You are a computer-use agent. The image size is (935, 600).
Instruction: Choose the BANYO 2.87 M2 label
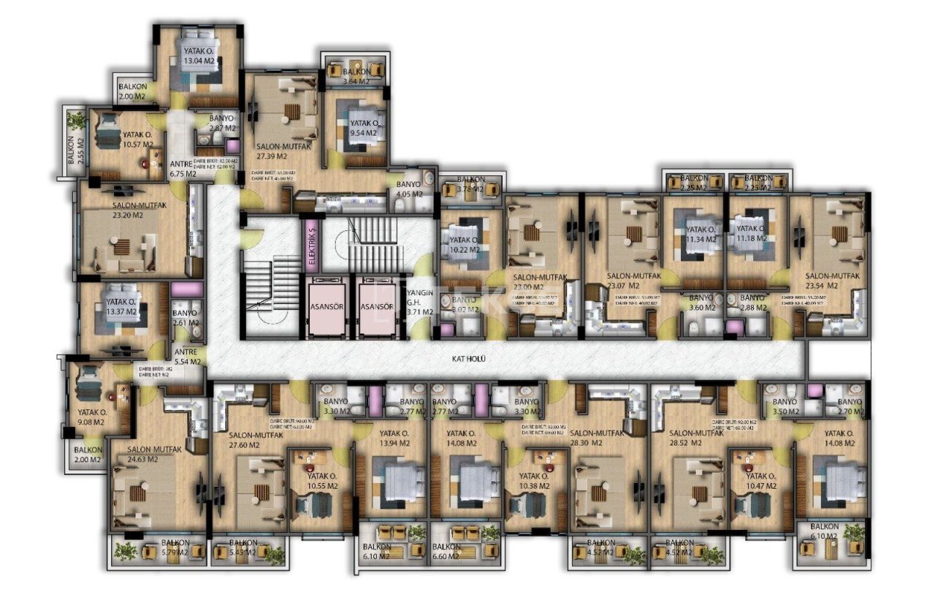[222, 123]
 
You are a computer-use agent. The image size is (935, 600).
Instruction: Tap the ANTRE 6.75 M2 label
[183, 169]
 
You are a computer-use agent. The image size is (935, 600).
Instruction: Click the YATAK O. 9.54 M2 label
[363, 129]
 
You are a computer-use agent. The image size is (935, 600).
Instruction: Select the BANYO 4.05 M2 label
[410, 189]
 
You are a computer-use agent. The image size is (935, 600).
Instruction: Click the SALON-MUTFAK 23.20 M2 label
[139, 210]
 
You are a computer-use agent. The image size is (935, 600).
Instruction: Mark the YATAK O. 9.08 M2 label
[93, 417]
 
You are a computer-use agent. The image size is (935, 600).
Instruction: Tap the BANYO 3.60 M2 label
[701, 303]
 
